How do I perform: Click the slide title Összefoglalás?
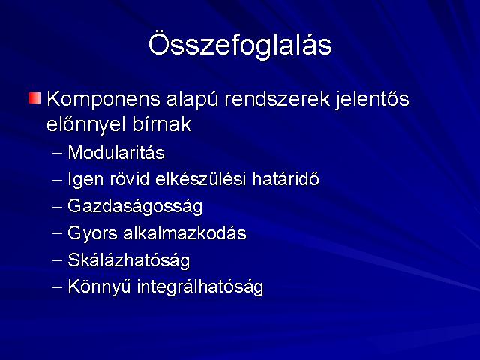pyautogui.click(x=240, y=45)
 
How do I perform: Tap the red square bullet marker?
pyautogui.click(x=35, y=98)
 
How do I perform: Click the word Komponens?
pyautogui.click(x=103, y=100)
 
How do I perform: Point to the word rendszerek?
pyautogui.click(x=277, y=99)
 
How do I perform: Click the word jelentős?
pyautogui.click(x=372, y=100)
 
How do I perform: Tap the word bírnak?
pyautogui.click(x=162, y=124)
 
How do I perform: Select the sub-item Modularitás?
pyautogui.click(x=116, y=152)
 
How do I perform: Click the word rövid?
pyautogui.click(x=130, y=179)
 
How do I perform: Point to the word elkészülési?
pyautogui.click(x=201, y=179)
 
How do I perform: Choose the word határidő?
pyautogui.click(x=286, y=178)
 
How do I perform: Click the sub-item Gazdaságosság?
pyautogui.click(x=135, y=207)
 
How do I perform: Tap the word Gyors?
pyautogui.click(x=92, y=233)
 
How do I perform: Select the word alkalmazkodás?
pyautogui.click(x=184, y=233)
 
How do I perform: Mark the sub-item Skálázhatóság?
pyautogui.click(x=128, y=260)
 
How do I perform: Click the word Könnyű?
pyautogui.click(x=99, y=286)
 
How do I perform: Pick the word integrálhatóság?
pyautogui.click(x=200, y=287)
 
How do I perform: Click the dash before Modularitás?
pyautogui.click(x=57, y=153)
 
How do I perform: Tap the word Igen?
pyautogui.click(x=85, y=180)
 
